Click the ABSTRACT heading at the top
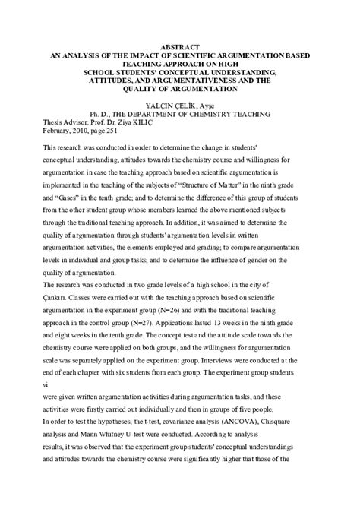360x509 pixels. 179,46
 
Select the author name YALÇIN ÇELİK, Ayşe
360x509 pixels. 179,105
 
